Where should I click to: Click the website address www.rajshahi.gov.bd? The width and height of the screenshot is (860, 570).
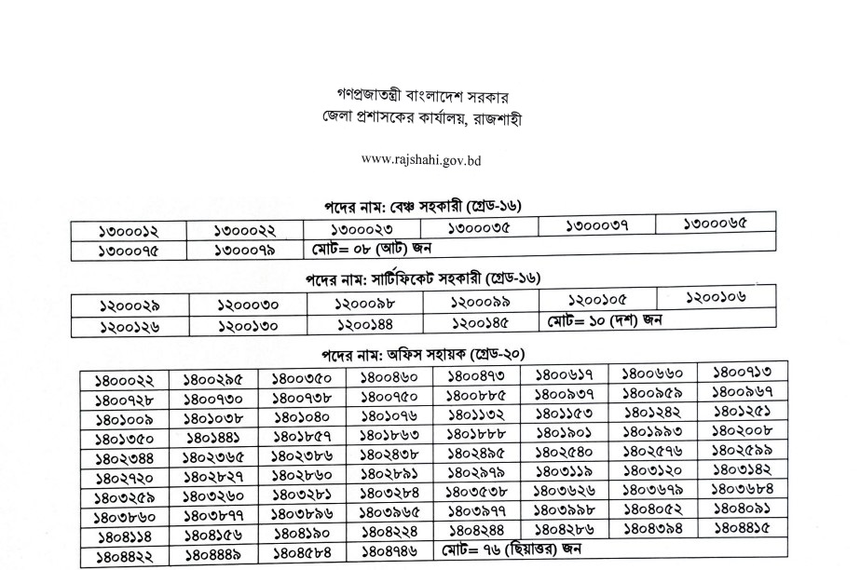(x=420, y=159)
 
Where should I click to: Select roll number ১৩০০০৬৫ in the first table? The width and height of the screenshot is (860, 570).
(x=715, y=224)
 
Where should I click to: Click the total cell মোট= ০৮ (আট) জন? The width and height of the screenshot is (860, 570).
(x=373, y=248)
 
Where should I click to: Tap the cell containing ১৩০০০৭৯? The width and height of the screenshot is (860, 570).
(x=246, y=250)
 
